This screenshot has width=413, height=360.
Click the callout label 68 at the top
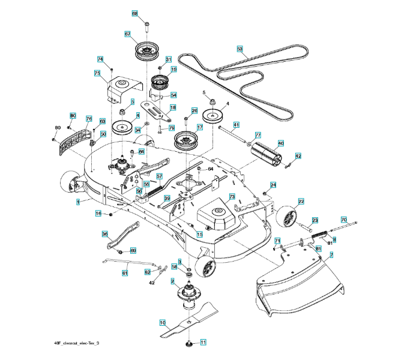[x=134, y=14]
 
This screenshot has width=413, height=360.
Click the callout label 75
[x=97, y=73]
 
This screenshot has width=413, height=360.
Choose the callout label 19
[x=173, y=70]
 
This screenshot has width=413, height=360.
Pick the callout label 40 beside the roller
[x=280, y=143]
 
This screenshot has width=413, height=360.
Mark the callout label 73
[x=231, y=196]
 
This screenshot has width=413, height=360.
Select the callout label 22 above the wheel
[x=301, y=202]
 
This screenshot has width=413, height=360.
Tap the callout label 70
[x=344, y=220]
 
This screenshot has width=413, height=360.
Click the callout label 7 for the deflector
[x=331, y=255]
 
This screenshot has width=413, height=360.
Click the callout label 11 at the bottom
[x=203, y=343]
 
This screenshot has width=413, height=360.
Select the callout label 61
[x=125, y=273]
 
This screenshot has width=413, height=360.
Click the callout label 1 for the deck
[x=78, y=203]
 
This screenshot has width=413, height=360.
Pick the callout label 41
[x=237, y=125]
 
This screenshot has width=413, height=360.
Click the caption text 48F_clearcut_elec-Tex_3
[x=77, y=343]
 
